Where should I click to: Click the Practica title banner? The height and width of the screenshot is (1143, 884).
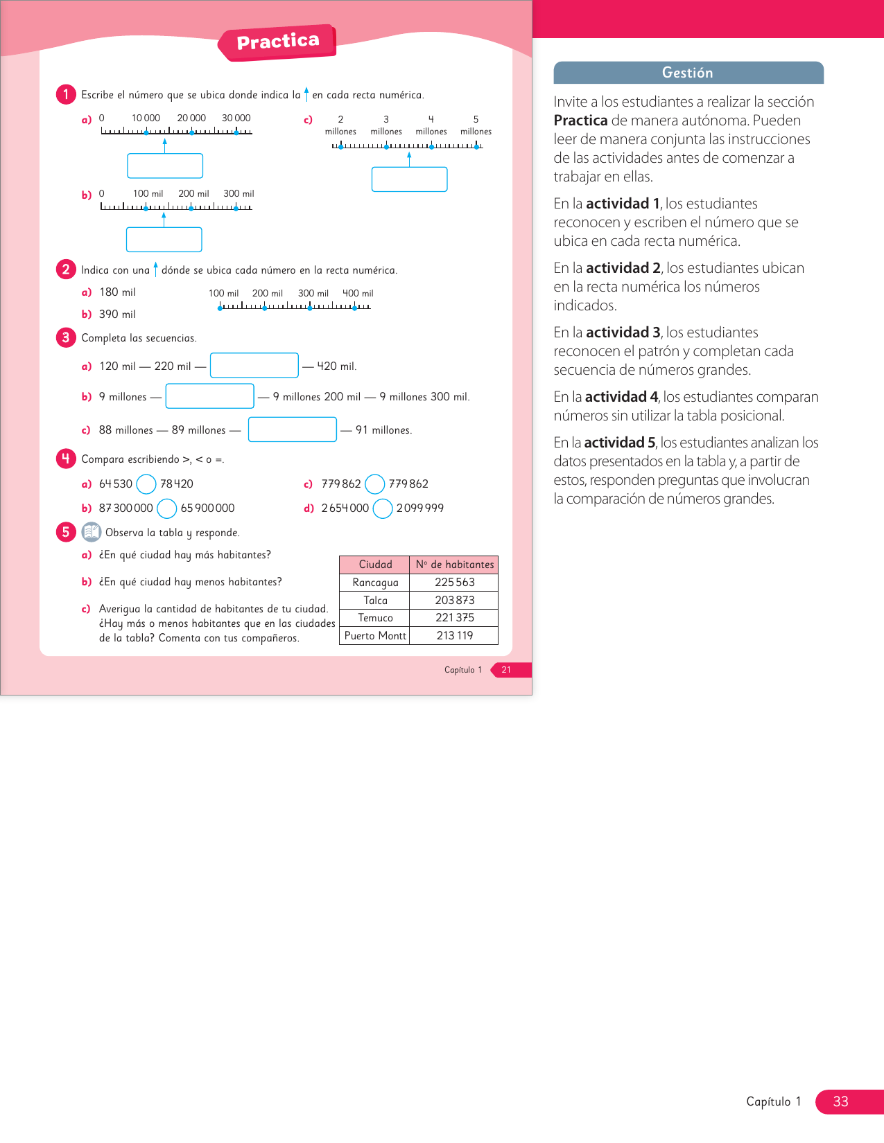(x=277, y=42)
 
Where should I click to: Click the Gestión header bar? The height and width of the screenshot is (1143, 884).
(x=688, y=73)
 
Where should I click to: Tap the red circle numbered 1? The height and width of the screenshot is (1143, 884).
(x=66, y=94)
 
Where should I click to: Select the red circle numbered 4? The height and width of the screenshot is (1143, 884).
(x=66, y=459)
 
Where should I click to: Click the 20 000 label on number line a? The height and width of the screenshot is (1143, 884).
(x=191, y=118)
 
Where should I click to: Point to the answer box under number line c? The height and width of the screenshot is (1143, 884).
(x=409, y=179)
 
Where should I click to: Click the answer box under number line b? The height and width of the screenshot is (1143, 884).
(x=164, y=240)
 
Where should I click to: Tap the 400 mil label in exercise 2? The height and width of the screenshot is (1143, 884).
(x=358, y=294)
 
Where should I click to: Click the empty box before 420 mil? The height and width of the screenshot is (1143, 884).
(x=254, y=365)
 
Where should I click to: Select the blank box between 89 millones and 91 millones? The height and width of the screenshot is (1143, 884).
(x=292, y=429)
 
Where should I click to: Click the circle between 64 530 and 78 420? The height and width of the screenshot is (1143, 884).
(x=146, y=484)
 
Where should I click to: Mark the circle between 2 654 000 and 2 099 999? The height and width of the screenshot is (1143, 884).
(x=383, y=508)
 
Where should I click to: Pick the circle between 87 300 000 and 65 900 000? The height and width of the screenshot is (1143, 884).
(x=167, y=508)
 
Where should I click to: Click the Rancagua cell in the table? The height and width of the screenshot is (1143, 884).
(x=375, y=583)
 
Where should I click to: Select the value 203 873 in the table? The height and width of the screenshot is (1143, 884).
(x=455, y=601)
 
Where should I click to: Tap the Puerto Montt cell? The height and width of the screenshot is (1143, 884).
(x=375, y=636)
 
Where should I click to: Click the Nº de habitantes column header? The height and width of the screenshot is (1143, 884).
(x=455, y=565)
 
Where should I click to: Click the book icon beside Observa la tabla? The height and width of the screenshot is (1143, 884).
(x=92, y=532)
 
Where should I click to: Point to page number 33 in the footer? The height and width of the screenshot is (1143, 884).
(x=840, y=1101)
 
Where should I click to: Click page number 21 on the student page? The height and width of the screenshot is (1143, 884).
(x=506, y=670)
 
